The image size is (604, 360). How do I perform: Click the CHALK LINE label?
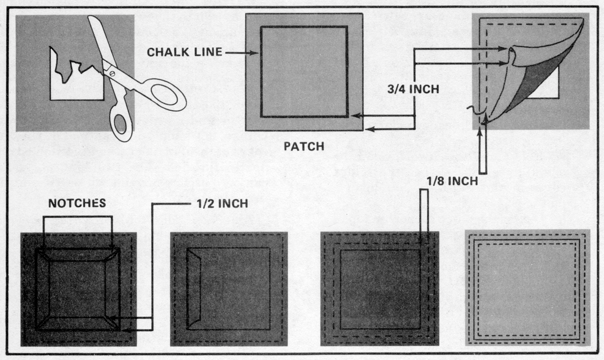click(184, 52)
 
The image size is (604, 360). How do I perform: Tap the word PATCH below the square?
click(304, 146)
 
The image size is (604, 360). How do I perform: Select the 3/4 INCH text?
click(413, 89)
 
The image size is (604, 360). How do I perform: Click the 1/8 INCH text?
click(452, 181)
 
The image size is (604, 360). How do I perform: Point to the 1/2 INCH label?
click(222, 204)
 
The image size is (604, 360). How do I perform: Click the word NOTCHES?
click(77, 203)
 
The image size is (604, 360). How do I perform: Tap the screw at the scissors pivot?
click(112, 72)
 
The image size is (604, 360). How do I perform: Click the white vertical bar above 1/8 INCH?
click(483, 152)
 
